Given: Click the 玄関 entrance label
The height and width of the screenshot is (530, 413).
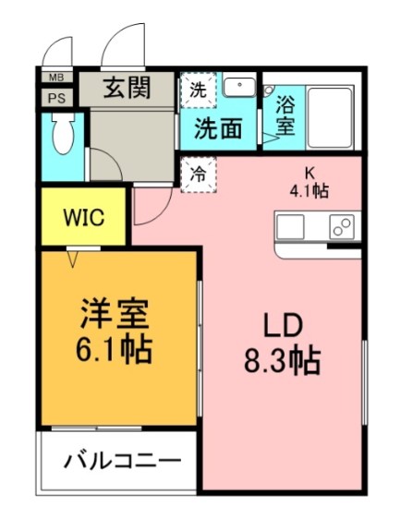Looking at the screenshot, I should [x=127, y=89].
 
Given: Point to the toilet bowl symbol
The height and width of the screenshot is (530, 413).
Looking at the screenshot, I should [x=63, y=139].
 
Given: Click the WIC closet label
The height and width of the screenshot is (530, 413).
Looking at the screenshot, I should [x=82, y=219].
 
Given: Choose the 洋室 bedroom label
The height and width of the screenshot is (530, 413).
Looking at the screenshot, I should [x=114, y=314].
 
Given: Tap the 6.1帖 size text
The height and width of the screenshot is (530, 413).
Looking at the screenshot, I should [x=114, y=350].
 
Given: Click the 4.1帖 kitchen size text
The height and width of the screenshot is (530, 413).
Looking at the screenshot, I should [x=310, y=191].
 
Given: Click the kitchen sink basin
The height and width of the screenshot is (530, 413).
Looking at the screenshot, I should [x=290, y=226].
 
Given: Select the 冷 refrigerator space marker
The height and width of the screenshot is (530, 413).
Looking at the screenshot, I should [x=197, y=172].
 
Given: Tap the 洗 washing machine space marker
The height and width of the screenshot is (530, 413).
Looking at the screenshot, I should [x=198, y=90].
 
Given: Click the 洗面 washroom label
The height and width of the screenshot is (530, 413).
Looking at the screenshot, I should [x=218, y=128].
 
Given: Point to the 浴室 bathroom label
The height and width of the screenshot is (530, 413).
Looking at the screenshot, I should [x=285, y=114].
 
